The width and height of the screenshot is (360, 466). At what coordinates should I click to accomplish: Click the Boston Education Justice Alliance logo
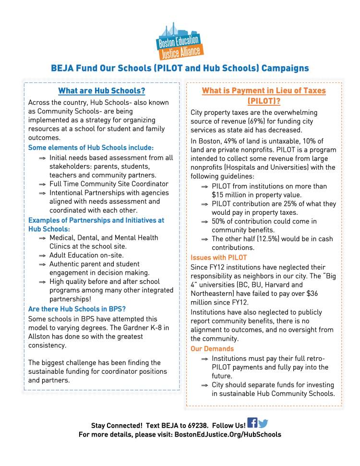coord(180,40)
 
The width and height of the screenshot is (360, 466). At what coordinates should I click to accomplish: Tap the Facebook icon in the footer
coord(252,423)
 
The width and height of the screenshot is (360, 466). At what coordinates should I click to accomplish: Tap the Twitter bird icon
coord(263,424)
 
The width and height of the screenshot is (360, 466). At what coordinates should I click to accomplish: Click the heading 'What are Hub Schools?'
coord(101,91)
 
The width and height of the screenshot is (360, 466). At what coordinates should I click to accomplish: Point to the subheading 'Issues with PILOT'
coord(219,258)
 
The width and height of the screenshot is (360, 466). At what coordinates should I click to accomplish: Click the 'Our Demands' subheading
coord(212,349)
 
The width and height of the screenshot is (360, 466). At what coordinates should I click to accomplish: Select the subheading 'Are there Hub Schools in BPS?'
coord(77,309)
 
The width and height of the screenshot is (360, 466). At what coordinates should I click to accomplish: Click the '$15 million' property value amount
coord(228,195)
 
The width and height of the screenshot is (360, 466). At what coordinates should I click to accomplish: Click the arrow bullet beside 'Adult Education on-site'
coord(42,256)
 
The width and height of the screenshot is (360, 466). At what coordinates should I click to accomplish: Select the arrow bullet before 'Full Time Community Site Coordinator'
coord(42,184)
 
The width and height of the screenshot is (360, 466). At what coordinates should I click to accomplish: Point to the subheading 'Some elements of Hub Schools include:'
coord(91,147)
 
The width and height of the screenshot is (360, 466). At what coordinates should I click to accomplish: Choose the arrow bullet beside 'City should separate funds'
coord(204,385)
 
